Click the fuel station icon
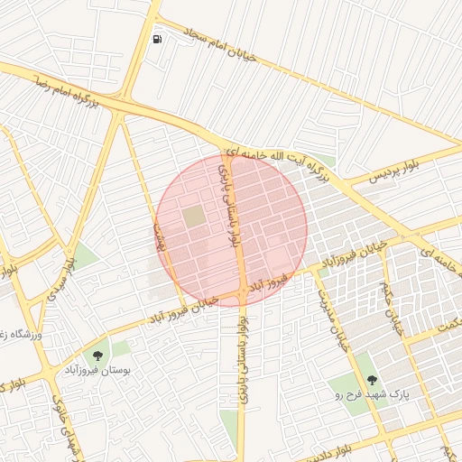point(158,39)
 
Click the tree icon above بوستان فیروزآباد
point(98,356)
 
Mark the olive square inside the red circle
point(194,217)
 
